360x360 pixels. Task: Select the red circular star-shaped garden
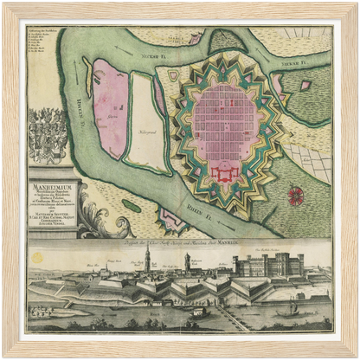click(x=297, y=195)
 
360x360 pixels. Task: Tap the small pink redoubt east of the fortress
click(x=305, y=86)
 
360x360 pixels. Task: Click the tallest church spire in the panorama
click(x=148, y=261)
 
